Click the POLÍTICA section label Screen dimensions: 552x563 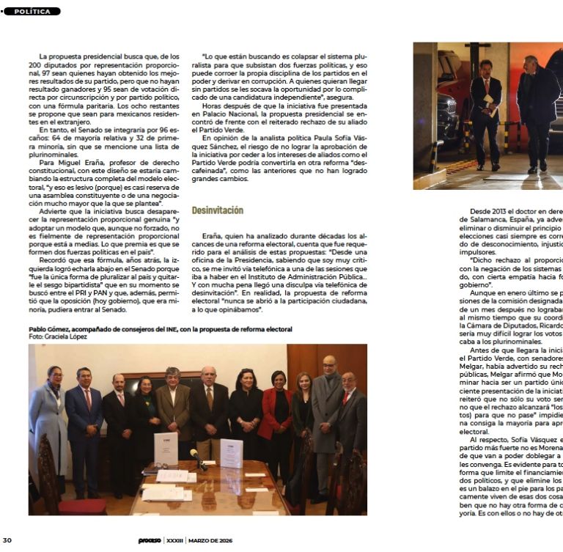tap(32, 12)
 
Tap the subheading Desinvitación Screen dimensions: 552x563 tap(217, 210)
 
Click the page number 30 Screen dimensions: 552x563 tap(7, 540)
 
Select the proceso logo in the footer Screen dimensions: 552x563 tap(147, 540)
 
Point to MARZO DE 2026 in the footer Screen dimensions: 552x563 tap(210, 540)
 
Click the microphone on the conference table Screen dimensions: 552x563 tap(196, 457)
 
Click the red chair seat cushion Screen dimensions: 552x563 tap(82, 505)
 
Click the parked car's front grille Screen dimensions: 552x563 tap(446, 125)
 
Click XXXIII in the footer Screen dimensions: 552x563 tap(174, 540)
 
